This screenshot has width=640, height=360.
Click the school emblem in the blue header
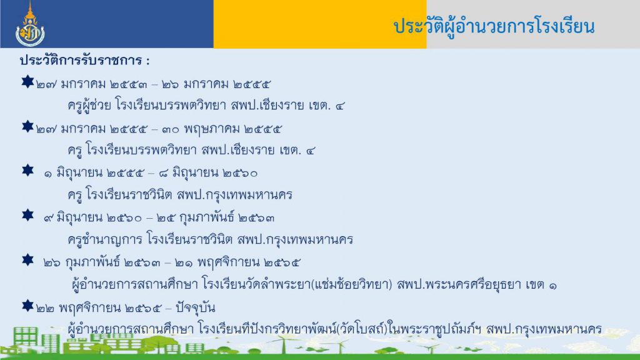[x=30, y=24]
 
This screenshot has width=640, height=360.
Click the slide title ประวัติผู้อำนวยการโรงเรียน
[x=494, y=26]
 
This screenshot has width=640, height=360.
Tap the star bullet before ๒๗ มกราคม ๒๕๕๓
[x=27, y=82]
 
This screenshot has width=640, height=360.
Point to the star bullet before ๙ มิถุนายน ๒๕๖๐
[x=27, y=215]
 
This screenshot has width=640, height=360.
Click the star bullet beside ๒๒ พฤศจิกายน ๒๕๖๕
[x=27, y=305]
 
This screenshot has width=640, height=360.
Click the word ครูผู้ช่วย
[x=89, y=105]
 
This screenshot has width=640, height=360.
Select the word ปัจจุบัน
[x=195, y=307]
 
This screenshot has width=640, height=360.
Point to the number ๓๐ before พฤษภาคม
[x=170, y=130]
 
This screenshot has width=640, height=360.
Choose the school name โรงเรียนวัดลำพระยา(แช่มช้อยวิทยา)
[x=297, y=284]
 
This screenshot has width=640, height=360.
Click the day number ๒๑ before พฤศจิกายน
[x=184, y=263]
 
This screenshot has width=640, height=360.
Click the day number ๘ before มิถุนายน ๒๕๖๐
[x=163, y=174]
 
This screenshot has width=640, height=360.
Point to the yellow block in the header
[x=320, y=24]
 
